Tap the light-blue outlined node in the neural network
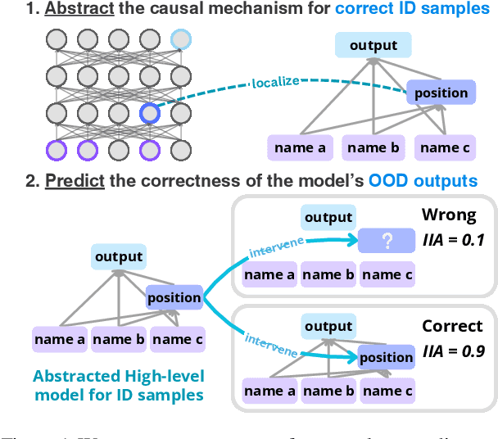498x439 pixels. coord(180,39)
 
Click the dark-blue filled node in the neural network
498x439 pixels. coord(149,114)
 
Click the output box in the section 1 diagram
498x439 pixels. coord(373,46)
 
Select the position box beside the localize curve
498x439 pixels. coord(441,93)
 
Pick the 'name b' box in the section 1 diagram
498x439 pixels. coord(373,147)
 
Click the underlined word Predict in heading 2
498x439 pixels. coord(74,179)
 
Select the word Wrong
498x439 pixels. coord(448,215)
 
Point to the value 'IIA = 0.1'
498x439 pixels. coord(453,240)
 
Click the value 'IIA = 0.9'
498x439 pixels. coord(453,351)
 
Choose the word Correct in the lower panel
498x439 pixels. coord(452,326)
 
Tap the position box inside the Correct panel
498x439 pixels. coord(386,357)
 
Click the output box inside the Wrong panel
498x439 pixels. coord(328,217)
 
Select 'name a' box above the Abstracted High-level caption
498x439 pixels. coord(59,337)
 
